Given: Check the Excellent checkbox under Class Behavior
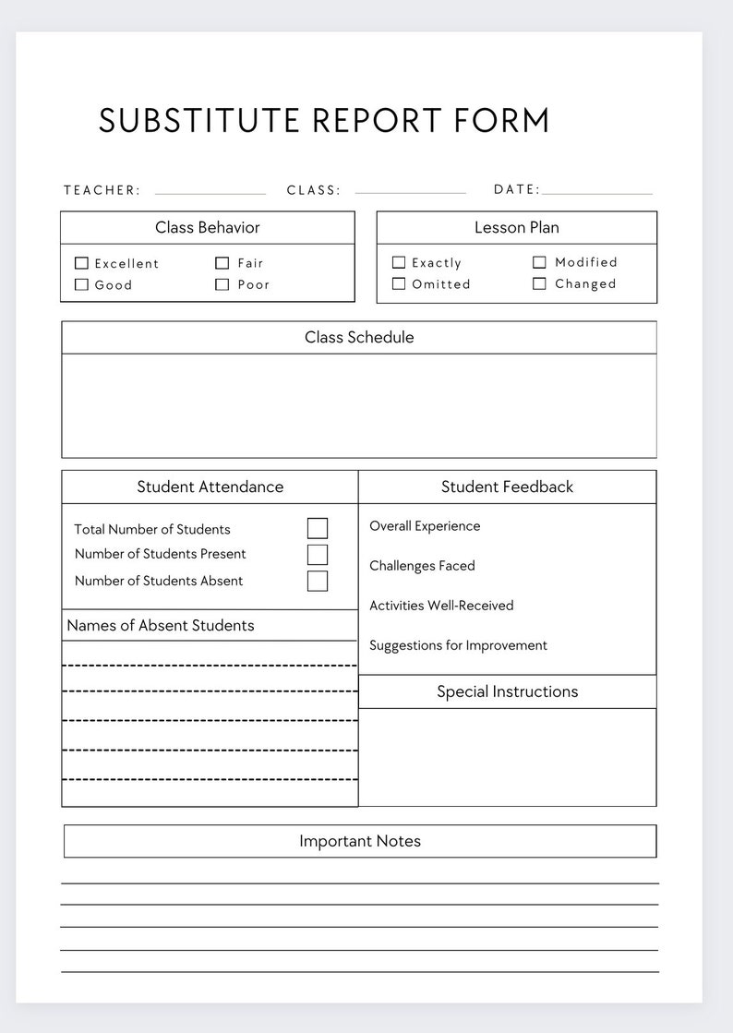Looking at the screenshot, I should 81,263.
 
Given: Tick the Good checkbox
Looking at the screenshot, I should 81,285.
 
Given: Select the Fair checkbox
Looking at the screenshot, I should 222,263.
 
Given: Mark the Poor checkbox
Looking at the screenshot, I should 222,285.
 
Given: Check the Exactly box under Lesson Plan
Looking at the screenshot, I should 399,262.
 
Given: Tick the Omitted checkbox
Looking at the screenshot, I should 399,284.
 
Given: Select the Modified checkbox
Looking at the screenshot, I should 539,262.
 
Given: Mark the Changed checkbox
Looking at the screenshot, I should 539,284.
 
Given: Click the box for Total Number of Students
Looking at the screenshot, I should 318,528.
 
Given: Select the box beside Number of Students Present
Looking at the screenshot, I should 318,555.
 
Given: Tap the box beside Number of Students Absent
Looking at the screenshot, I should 318,581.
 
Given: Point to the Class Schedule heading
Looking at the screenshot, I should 359,338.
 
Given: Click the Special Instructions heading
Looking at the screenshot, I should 507,691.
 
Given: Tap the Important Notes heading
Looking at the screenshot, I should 360,841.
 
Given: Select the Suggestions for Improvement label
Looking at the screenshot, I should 458,645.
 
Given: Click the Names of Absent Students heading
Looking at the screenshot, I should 161,625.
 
